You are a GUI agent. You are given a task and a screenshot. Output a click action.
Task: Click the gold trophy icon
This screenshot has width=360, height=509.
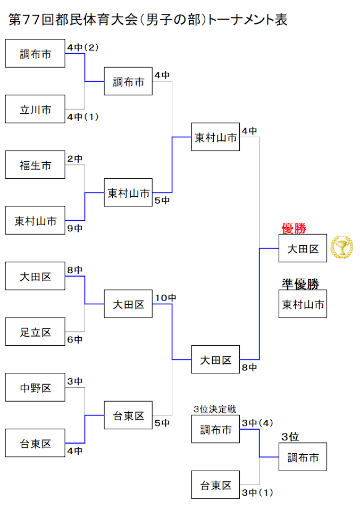click(x=341, y=247)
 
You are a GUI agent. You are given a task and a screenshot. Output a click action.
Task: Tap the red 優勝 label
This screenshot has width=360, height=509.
click(x=294, y=229)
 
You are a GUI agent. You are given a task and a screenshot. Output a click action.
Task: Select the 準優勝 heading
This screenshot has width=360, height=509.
click(x=300, y=284)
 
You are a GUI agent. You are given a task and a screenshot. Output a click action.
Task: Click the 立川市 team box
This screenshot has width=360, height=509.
click(x=35, y=110)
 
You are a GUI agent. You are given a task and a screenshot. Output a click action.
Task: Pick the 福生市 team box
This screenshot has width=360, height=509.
click(x=35, y=165)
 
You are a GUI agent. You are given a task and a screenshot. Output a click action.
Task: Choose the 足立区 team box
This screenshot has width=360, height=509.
click(x=35, y=332)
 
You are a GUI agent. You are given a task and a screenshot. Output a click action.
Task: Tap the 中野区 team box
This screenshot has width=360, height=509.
click(x=35, y=388)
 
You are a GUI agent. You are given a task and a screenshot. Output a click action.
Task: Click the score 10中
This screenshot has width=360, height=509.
click(x=165, y=298)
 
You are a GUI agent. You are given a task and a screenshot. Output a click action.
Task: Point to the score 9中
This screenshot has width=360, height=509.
click(x=75, y=228)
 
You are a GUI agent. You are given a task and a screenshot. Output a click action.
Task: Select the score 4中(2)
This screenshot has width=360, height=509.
click(x=83, y=47)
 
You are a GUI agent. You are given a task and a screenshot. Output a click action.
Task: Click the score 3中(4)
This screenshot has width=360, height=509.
click(x=257, y=423)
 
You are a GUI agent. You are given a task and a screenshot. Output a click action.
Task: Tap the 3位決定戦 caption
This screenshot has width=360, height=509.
click(x=215, y=409)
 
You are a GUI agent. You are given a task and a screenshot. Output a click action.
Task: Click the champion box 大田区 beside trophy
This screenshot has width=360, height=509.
click(x=303, y=248)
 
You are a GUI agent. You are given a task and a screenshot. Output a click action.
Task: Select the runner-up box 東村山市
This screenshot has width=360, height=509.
click(x=303, y=304)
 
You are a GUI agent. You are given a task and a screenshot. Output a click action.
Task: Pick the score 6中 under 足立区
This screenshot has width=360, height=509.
click(x=75, y=339)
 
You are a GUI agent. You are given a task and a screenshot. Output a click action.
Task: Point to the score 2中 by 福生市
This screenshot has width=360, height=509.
click(x=75, y=158)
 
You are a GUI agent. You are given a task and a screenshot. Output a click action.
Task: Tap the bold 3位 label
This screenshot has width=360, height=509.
click(x=290, y=437)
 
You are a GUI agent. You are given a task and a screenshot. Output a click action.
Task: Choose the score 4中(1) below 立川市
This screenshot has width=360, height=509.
click(x=83, y=116)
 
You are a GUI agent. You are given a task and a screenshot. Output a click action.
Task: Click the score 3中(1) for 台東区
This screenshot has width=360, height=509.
click(x=257, y=493)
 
